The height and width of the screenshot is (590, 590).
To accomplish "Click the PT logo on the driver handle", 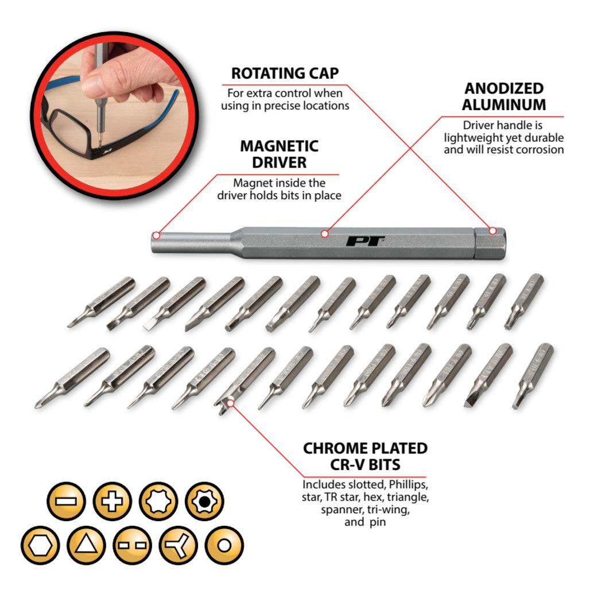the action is coord(364,241).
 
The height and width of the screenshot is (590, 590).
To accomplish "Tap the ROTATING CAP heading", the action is coord(285,73).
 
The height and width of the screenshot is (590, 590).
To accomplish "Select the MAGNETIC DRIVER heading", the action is coord(279,154).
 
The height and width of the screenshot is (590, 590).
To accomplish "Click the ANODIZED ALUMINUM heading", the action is coord(504,96).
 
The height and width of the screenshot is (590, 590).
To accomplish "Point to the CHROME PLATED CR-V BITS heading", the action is coord(365,456).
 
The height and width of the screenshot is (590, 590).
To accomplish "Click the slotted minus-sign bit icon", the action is coord(66,501).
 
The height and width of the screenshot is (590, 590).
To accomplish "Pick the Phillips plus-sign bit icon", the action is coord(112,501).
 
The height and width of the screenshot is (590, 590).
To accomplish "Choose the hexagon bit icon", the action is coord(40,545).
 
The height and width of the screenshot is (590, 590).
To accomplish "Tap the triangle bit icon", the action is coord(86,545).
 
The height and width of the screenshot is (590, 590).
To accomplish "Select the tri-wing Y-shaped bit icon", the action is coord(178,545).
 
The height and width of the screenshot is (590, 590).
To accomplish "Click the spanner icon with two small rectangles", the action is coord(132,545).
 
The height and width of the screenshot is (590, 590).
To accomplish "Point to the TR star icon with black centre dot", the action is coord(204,501).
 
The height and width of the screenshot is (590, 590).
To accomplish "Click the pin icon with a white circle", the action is coord(224,545).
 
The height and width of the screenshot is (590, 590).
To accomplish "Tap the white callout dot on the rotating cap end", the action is coord(492,231).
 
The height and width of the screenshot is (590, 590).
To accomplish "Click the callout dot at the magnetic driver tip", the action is coord(156,236).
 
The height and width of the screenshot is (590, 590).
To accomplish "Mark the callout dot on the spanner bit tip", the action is coord(231,403).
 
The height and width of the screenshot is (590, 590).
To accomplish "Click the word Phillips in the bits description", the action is coord(408,484).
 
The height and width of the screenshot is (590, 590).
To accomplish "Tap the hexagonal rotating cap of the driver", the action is coord(490,243).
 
